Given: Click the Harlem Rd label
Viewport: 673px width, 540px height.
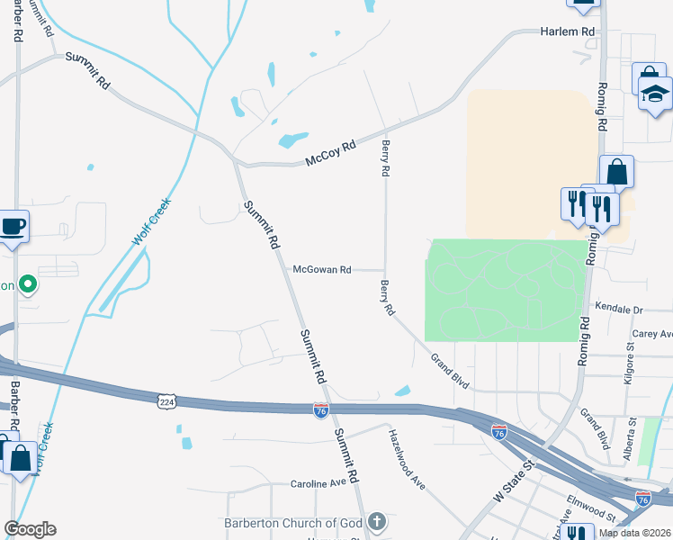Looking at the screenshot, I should click(x=568, y=31).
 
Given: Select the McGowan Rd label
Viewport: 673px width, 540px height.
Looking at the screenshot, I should click(x=321, y=269).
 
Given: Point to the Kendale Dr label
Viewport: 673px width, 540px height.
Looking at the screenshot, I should click(x=620, y=310).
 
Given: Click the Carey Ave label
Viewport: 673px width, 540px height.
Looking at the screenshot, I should click(x=652, y=334).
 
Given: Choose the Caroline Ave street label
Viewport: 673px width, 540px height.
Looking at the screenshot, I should click(x=319, y=483).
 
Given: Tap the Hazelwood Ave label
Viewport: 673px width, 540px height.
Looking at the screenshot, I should click(x=407, y=457).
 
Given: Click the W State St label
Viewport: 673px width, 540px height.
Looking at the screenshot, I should click(x=514, y=481).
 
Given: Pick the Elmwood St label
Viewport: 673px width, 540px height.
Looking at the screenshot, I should click(x=590, y=506).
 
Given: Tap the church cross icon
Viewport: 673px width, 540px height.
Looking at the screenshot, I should click(x=376, y=522).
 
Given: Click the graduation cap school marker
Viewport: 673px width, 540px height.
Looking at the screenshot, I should click(x=656, y=93).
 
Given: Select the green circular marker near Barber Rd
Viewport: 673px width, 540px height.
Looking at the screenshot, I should click(x=28, y=285).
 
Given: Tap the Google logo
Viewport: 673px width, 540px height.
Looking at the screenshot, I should click(x=30, y=529).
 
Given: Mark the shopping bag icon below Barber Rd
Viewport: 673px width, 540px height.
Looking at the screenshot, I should click(x=20, y=457).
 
